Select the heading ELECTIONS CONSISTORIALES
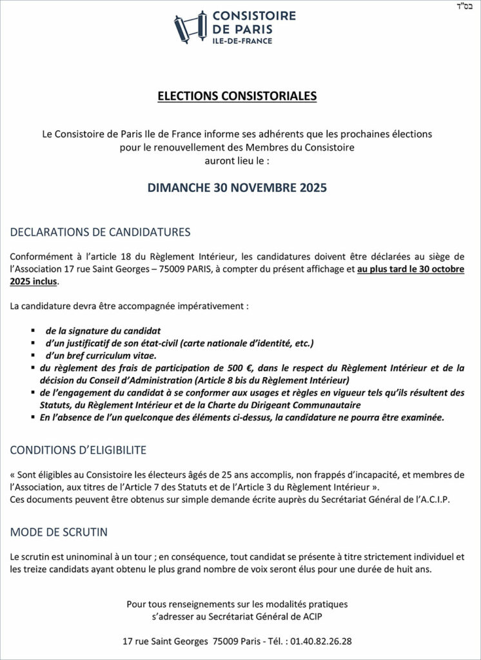(x=237, y=97)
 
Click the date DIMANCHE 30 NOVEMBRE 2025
(x=237, y=189)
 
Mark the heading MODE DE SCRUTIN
(x=59, y=532)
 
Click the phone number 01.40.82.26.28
(x=320, y=642)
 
